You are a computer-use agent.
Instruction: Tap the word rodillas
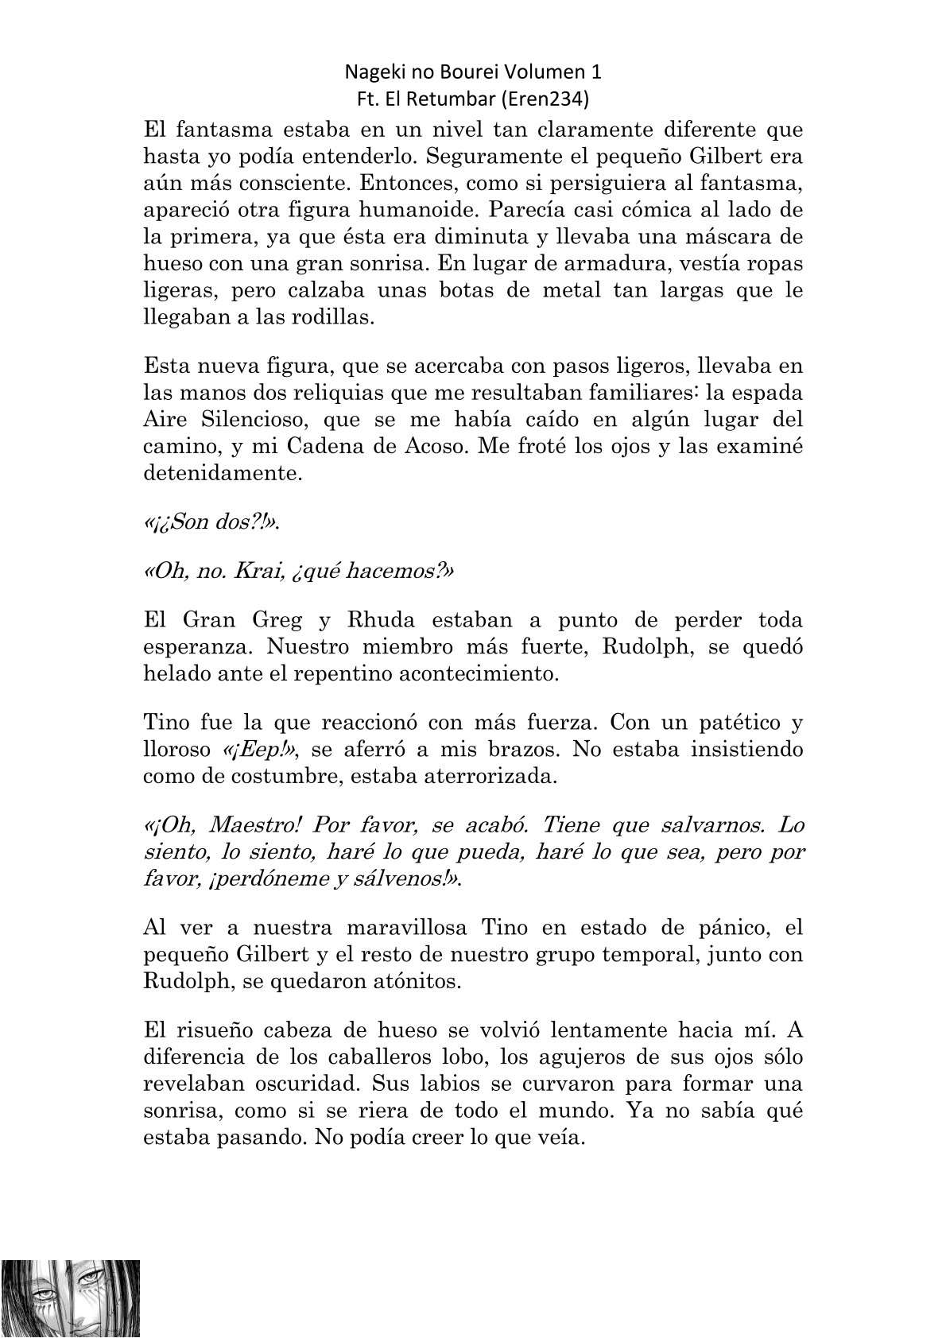coord(325,317)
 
